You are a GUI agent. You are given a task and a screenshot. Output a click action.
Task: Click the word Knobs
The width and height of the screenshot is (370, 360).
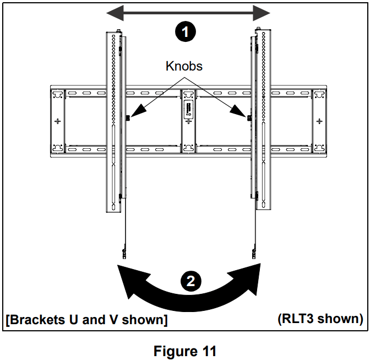click(x=184, y=67)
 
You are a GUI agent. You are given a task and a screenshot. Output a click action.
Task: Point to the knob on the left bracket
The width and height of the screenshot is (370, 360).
click(x=128, y=117)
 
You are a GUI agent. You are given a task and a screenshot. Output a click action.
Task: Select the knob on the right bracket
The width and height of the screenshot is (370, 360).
click(x=249, y=117)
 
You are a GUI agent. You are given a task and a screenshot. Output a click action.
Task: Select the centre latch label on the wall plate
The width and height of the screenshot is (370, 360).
click(x=188, y=109)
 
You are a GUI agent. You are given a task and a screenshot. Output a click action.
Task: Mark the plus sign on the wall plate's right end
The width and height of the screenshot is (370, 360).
click(x=319, y=121)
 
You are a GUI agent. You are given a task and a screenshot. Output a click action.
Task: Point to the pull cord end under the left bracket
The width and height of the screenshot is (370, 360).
click(x=123, y=254)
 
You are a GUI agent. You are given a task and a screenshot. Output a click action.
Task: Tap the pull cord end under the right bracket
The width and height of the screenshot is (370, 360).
click(x=253, y=254)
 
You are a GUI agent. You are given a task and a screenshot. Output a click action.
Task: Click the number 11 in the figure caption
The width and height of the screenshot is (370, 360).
click(x=206, y=351)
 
